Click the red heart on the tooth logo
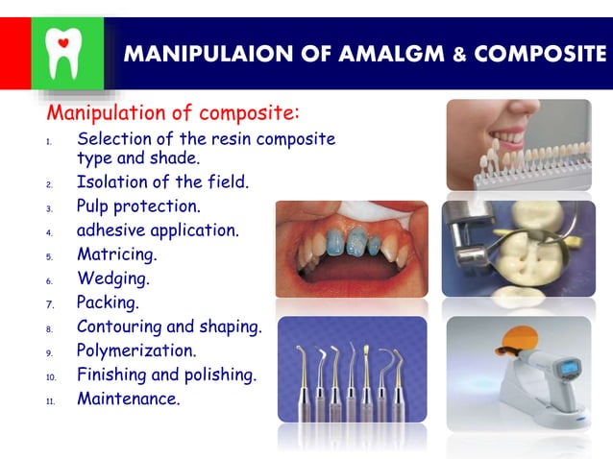62,43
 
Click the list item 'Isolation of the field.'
162,181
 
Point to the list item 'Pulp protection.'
138,205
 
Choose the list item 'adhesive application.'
158,230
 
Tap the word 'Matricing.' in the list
116,254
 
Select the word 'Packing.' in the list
109,302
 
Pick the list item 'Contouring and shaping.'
169,326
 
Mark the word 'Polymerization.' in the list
136,350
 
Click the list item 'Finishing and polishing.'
166,374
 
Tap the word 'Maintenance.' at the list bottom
128,399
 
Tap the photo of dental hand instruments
352,370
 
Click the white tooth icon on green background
62,53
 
